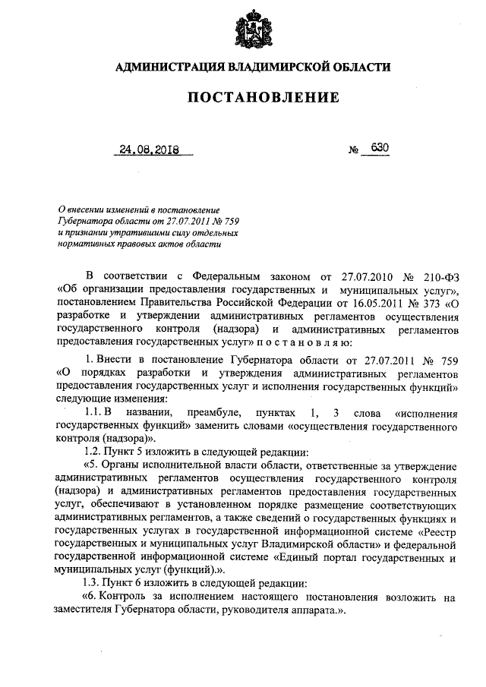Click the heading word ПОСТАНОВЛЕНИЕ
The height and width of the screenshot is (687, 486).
(252, 98)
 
